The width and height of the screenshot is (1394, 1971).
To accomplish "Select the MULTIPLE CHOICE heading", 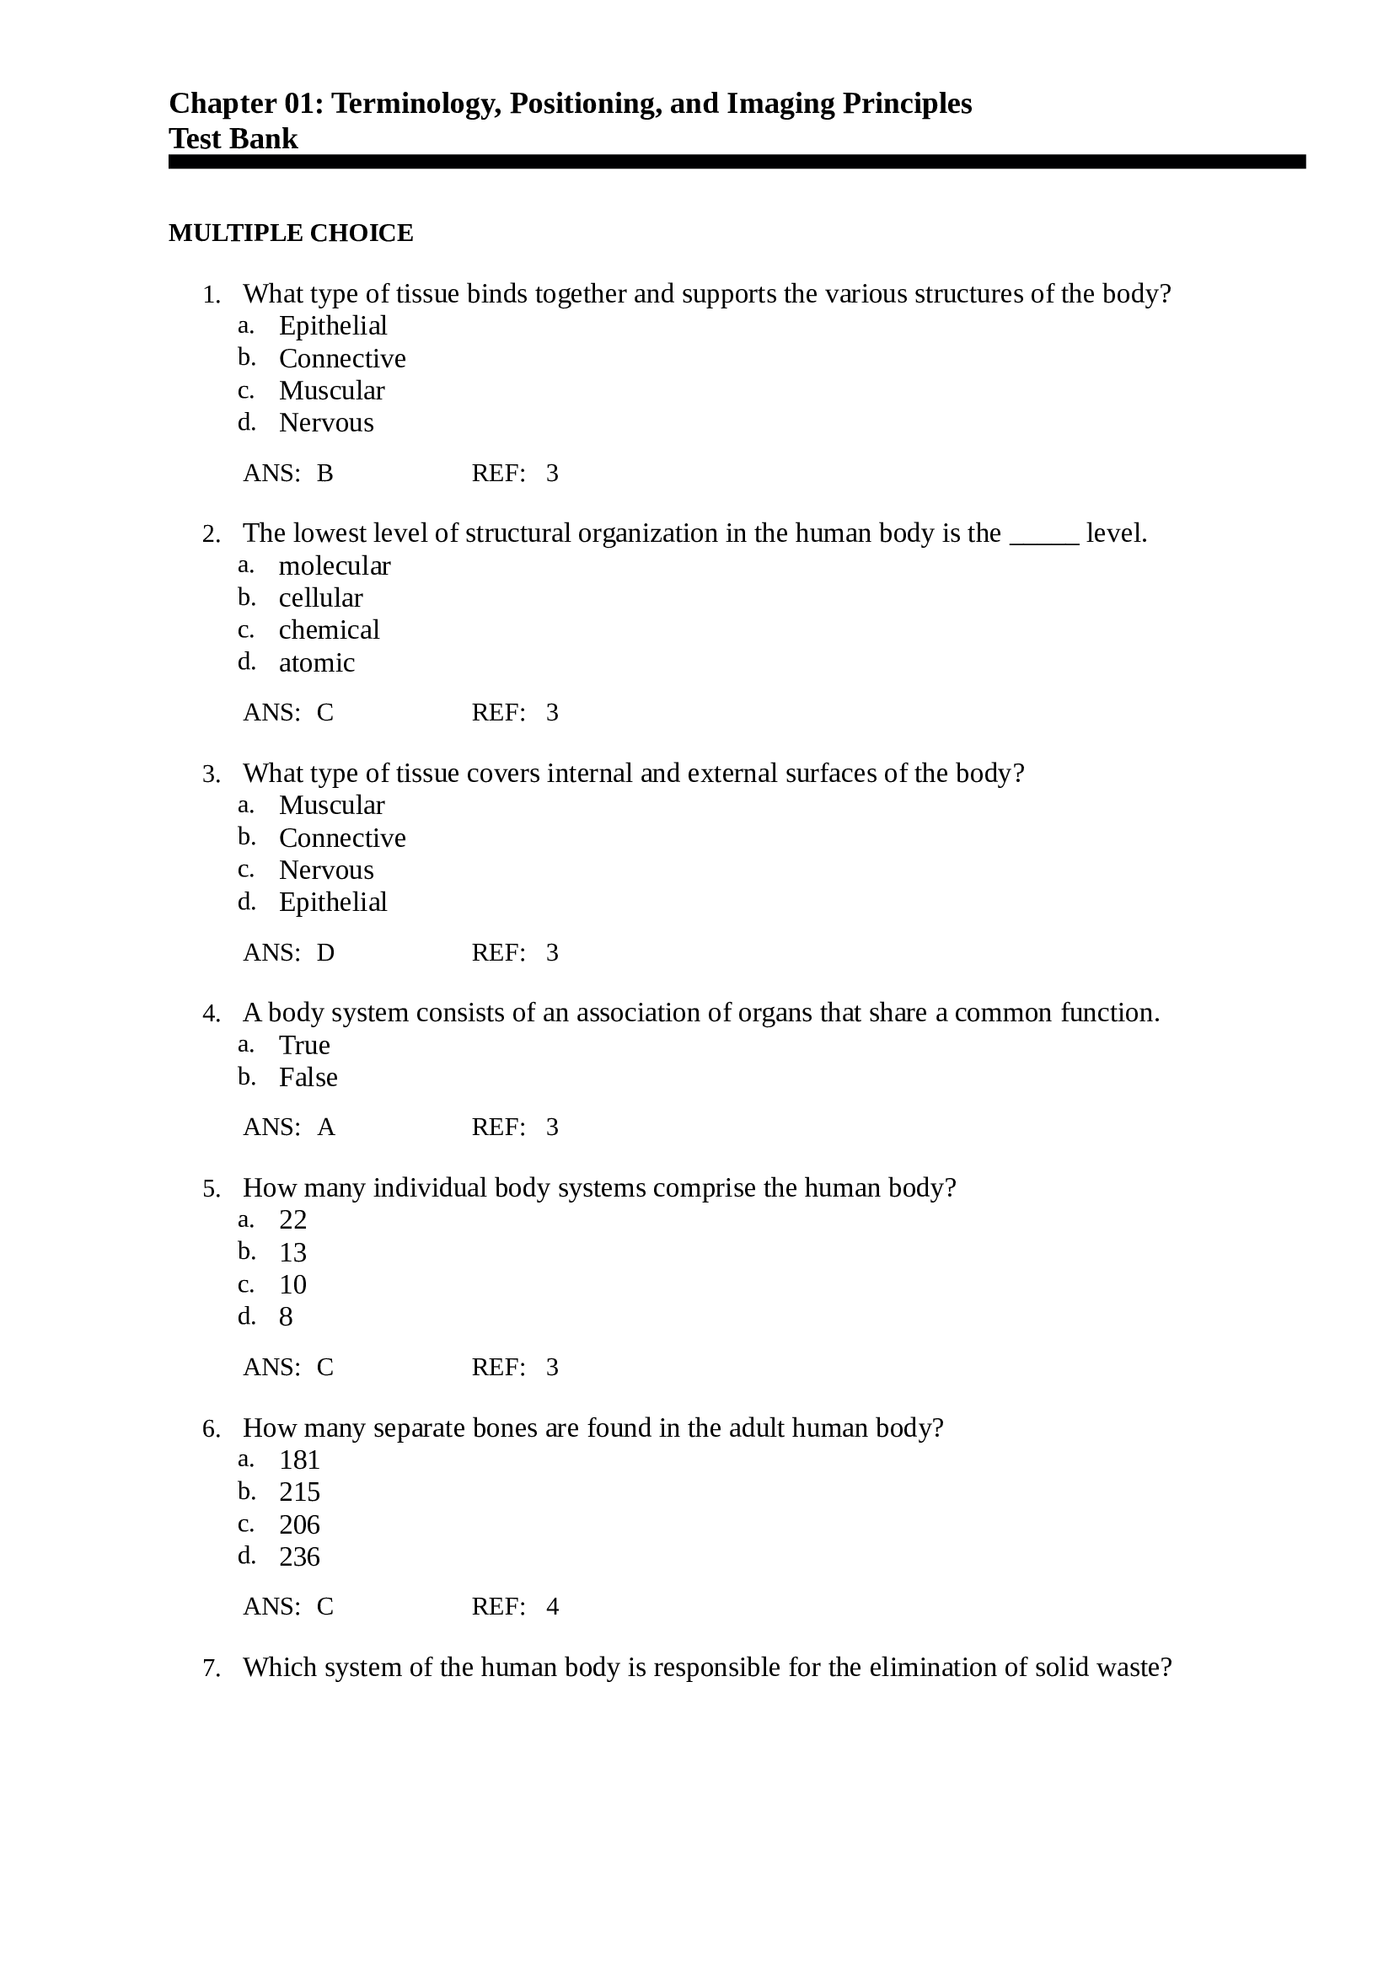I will (290, 233).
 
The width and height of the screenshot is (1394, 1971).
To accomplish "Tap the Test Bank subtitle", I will (233, 139).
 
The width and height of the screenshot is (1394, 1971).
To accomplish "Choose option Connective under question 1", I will (341, 358).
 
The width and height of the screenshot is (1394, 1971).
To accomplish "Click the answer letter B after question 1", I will (324, 473).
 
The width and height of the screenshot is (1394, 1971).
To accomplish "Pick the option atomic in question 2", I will (316, 662).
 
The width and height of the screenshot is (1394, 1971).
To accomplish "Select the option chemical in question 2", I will (329, 630).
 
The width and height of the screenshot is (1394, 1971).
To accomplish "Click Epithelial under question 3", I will (333, 902).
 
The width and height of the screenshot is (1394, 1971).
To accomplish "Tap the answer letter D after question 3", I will (325, 953).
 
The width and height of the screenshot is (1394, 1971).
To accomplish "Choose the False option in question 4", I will (308, 1078).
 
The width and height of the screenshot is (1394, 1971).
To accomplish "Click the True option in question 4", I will (304, 1046).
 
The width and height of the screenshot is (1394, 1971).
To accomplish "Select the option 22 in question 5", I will (292, 1220).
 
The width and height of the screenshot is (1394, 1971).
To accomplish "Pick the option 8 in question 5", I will (286, 1317).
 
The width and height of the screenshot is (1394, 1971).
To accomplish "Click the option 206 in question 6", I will (298, 1524).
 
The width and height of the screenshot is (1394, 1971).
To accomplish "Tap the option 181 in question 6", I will (298, 1460).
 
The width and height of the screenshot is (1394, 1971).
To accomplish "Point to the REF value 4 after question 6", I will (552, 1607).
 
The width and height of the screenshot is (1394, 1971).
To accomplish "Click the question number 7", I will (212, 1668).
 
